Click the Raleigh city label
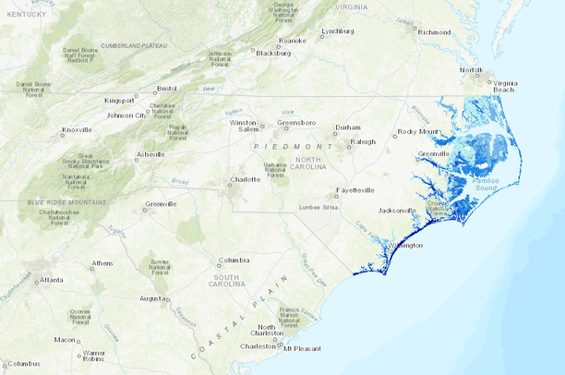coord(366,141)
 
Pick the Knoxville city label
coord(77,130)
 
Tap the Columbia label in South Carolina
coord(234,260)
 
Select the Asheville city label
coord(150,153)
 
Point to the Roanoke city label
coord(293,41)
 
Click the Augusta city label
coord(153,298)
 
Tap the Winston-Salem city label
coord(245,126)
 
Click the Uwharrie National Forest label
coord(275,167)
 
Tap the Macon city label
coord(65,339)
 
